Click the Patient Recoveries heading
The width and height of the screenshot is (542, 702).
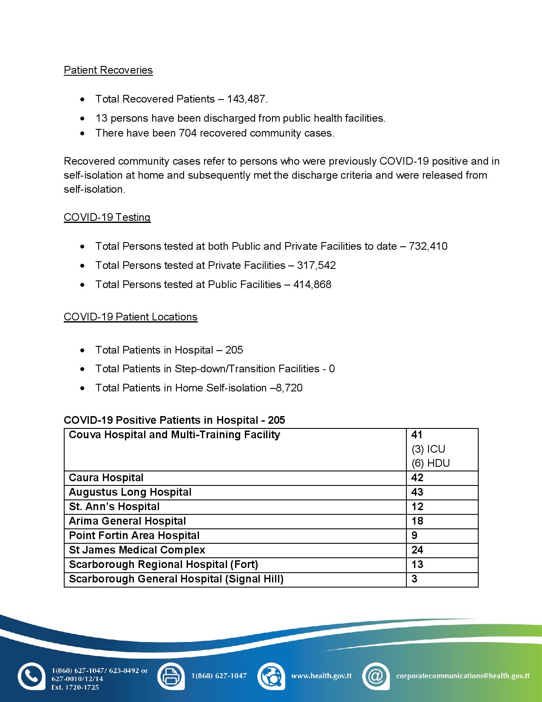click(108, 70)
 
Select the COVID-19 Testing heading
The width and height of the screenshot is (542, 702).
click(107, 217)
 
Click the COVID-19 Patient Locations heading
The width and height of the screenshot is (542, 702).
click(131, 317)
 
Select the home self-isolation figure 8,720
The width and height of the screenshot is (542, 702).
click(289, 388)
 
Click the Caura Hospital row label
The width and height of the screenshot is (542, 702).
click(106, 478)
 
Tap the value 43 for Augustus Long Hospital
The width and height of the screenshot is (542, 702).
click(417, 492)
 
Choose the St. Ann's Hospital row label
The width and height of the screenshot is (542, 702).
click(114, 507)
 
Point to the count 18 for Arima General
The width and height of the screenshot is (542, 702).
click(417, 521)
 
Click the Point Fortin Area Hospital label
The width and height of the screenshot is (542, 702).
click(134, 536)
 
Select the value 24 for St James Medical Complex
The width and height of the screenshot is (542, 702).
click(417, 550)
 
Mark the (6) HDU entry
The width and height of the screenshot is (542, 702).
click(431, 463)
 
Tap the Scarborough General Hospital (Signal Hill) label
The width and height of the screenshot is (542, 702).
click(176, 579)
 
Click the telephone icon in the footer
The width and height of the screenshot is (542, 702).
click(31, 676)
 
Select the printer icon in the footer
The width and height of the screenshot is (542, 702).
click(171, 676)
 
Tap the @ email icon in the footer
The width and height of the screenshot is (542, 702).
click(376, 676)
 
